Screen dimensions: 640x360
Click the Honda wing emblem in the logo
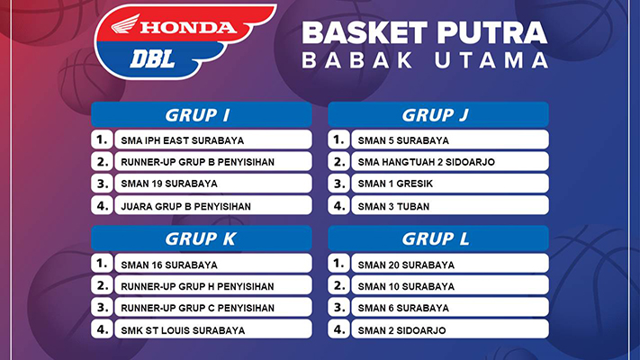tap(125, 24)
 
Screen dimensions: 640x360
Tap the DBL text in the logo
tap(153, 59)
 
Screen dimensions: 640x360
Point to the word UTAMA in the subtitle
tap(491, 60)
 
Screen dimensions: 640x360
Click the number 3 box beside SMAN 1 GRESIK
tap(338, 184)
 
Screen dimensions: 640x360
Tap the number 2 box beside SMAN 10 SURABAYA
tap(338, 285)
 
